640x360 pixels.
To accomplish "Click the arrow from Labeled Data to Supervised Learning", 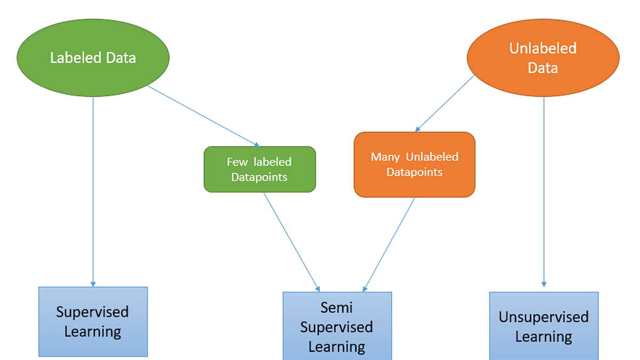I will pos(93,187).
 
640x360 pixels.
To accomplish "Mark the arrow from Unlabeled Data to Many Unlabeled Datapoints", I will pos(445,103).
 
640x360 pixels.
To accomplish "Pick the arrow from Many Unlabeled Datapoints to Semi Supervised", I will pos(389,244).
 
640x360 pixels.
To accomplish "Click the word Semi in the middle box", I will pos(337,307).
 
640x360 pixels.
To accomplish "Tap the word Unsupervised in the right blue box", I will pos(543,317).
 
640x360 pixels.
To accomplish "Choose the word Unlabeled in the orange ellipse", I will pos(543,49).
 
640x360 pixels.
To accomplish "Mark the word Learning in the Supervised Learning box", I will pos(93,332).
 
